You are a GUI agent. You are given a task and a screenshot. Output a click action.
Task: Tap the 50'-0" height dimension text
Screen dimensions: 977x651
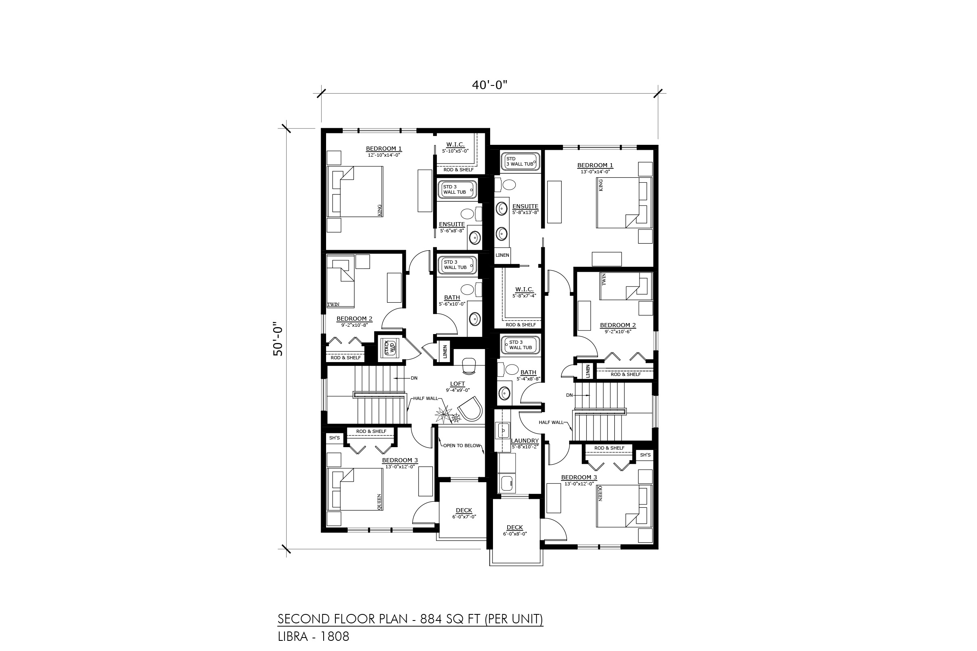click(278, 339)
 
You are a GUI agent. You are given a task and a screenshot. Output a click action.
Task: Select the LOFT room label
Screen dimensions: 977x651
click(457, 384)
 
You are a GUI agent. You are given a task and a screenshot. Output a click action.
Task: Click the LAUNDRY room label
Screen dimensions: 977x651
click(525, 441)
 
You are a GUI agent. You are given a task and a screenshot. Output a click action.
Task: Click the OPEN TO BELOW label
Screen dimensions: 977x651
click(462, 446)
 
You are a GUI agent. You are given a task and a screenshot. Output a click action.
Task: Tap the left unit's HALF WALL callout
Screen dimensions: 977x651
click(425, 398)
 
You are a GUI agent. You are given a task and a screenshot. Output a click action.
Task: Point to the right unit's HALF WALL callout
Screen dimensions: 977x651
click(551, 422)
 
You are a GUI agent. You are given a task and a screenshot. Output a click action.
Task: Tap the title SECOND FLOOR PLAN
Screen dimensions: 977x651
click(343, 619)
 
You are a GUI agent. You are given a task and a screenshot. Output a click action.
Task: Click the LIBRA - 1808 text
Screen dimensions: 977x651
click(313, 636)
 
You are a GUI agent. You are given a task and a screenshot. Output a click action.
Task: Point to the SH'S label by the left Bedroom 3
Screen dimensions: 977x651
click(334, 438)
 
